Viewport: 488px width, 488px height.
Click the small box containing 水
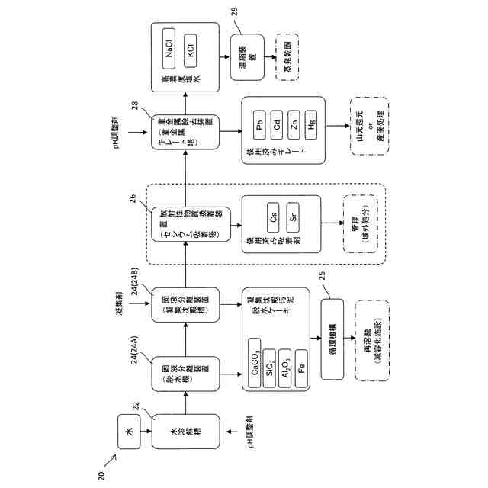click(x=130, y=431)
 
